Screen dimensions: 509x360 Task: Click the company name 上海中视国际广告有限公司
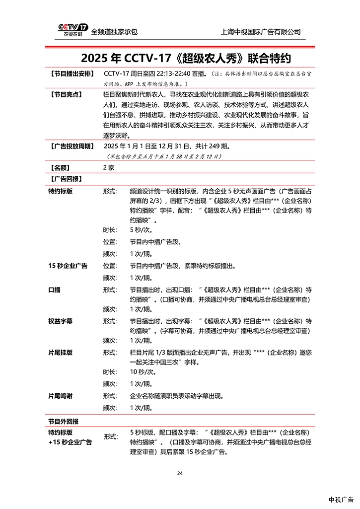[261, 32]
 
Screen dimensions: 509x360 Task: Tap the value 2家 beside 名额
[108, 168]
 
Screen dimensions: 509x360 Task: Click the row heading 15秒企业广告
[68, 266]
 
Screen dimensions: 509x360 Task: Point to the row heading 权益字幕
[61, 321]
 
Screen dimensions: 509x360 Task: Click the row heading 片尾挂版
[61, 353]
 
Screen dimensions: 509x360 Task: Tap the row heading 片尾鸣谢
[61, 396]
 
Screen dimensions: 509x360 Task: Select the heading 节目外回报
[63, 421]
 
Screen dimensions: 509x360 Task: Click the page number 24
[180, 473]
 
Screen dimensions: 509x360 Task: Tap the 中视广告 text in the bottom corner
[341, 499]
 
